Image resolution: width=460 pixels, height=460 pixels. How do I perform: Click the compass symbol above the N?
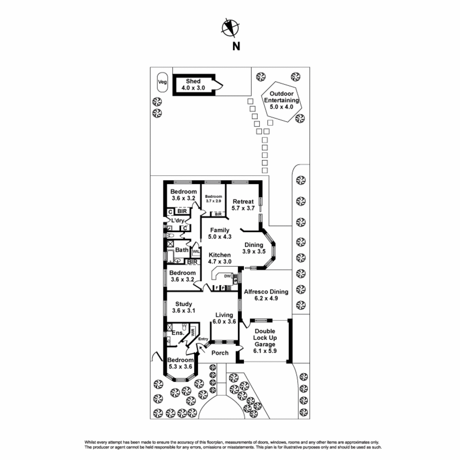tap(230, 28)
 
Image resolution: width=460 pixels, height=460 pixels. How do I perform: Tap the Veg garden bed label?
tap(162, 82)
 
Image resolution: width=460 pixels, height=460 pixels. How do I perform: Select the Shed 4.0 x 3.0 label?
tap(193, 84)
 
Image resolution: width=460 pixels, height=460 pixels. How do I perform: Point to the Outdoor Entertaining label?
tap(281, 100)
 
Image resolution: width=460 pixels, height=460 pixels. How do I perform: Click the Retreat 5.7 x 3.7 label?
tap(243, 205)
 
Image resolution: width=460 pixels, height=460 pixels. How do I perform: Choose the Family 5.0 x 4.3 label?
tap(220, 233)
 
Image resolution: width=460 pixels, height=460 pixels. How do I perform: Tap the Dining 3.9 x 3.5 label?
tap(254, 248)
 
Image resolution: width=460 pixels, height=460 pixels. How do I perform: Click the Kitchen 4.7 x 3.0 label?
tap(220, 258)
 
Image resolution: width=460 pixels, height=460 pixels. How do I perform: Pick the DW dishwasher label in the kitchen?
tap(227, 276)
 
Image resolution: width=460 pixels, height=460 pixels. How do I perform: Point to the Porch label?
tap(220, 353)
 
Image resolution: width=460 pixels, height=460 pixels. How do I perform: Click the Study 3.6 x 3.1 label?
tap(183, 307)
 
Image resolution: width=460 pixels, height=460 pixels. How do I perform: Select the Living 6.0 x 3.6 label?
tap(224, 318)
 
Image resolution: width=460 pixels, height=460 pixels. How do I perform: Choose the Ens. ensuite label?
tap(178, 333)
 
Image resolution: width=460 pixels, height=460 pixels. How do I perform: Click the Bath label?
tap(182, 250)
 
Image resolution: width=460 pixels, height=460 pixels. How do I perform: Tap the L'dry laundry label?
tap(177, 220)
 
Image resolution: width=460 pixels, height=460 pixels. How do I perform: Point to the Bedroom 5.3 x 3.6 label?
tap(180, 363)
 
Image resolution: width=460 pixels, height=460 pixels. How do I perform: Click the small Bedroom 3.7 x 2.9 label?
tap(214, 199)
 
